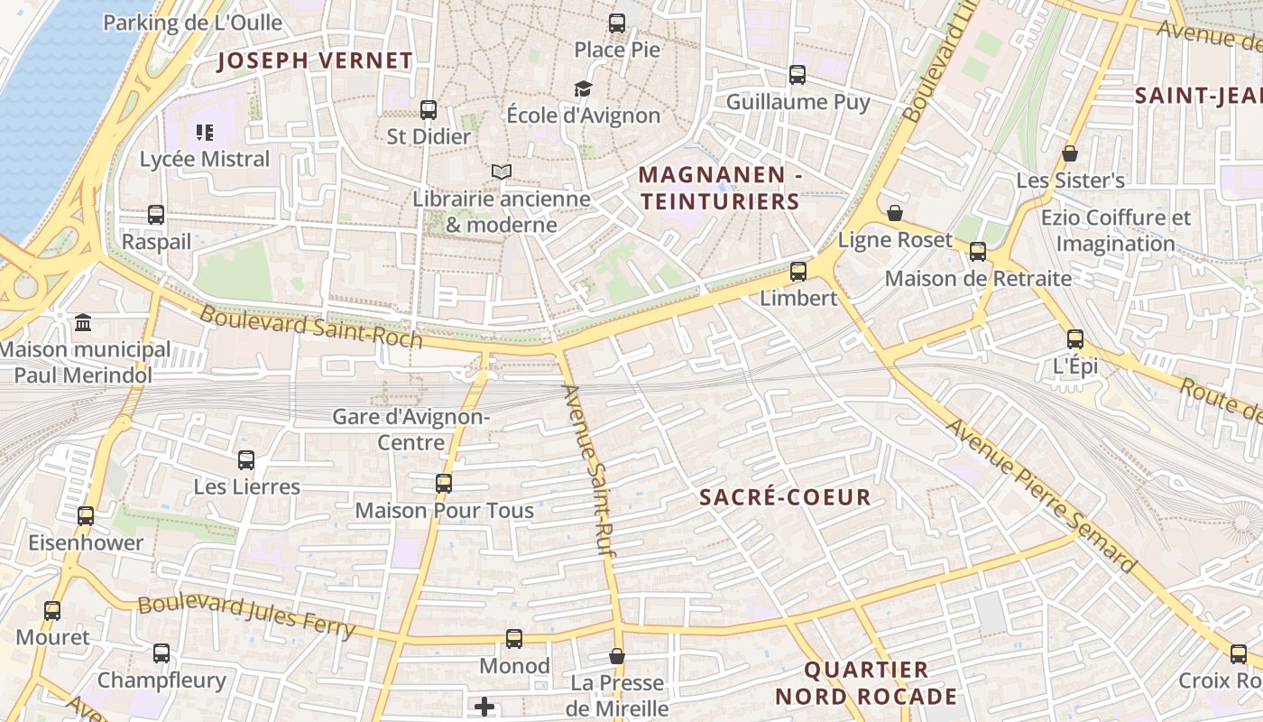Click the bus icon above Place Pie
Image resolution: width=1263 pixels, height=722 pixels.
coord(617,23)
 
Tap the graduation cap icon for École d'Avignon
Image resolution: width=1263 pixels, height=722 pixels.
coord(584,88)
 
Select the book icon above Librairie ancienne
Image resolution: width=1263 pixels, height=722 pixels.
coord(502,171)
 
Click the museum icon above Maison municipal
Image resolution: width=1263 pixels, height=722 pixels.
coord(84,322)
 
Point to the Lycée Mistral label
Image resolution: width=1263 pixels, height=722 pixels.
coord(205,159)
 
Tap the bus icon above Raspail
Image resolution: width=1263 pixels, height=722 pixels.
coord(156,215)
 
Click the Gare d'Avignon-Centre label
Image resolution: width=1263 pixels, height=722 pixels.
coord(411,430)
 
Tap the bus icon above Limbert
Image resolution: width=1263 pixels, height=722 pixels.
coord(798,271)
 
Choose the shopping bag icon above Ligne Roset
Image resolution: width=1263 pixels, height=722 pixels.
coord(895,213)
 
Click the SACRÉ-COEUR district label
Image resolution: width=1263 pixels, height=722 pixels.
coord(785,497)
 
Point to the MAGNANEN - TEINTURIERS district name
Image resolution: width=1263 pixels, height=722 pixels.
coord(720,188)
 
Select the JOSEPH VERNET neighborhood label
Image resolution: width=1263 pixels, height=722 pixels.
coord(316,61)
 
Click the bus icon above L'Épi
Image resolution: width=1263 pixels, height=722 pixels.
coord(1075,339)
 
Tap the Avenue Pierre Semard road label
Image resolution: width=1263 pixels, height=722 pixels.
coord(1041,495)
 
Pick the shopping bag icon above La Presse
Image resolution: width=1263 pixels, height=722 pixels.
coord(617,656)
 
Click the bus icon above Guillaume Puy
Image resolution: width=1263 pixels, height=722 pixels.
coord(797,75)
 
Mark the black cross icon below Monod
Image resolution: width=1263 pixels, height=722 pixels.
coord(484,706)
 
